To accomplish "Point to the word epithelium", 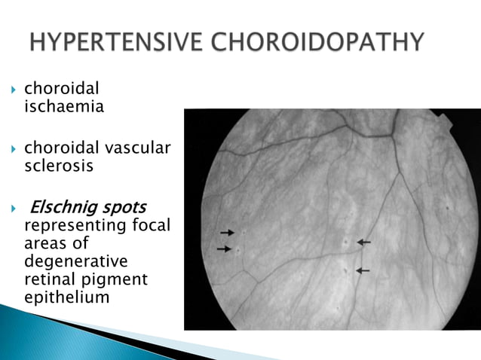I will (x=66, y=297).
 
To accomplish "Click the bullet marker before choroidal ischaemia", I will (x=13, y=90).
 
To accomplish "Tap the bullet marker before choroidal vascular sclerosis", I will (x=13, y=149).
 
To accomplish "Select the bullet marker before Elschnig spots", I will (x=13, y=208).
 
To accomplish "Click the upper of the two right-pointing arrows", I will (x=227, y=233).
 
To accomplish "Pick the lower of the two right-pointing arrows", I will (x=224, y=249).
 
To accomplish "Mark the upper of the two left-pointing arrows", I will (x=364, y=242).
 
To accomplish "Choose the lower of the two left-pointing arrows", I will (x=363, y=270).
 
